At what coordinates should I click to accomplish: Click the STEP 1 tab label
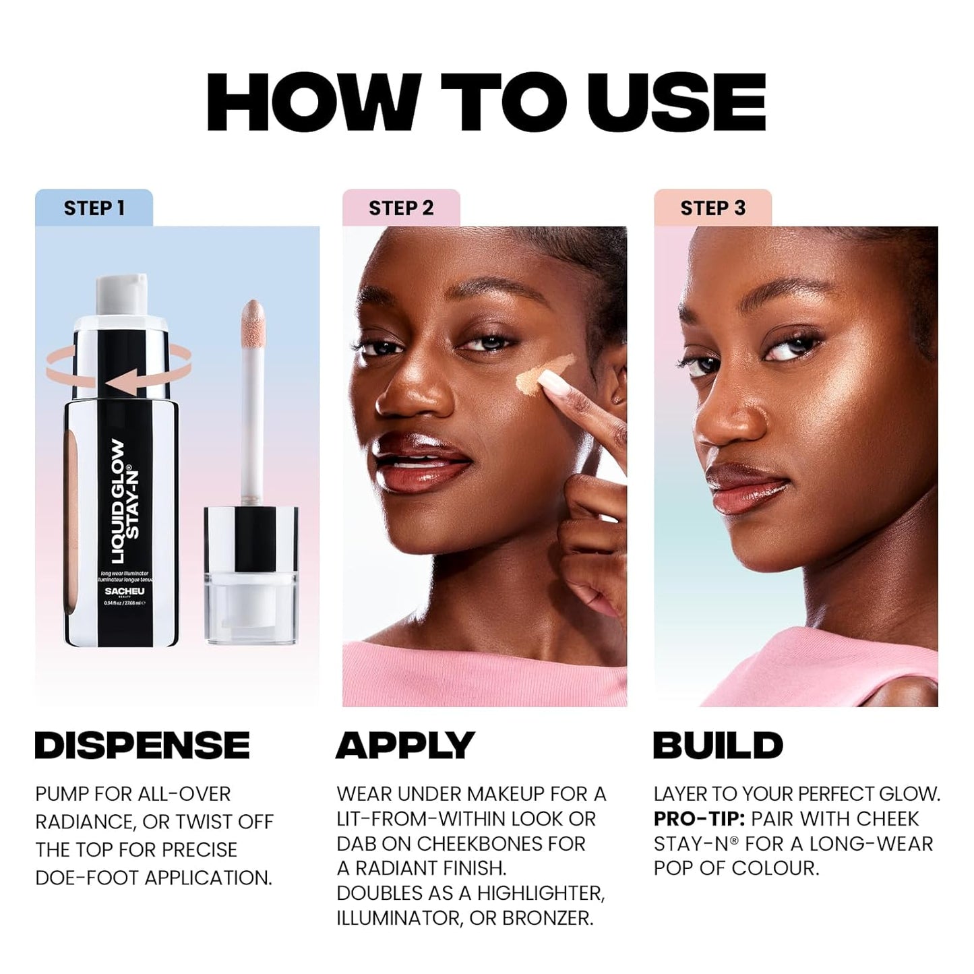pos(94,208)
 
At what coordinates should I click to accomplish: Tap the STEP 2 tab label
pos(401,208)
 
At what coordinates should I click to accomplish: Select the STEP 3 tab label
pos(712,208)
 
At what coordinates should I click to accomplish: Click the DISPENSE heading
pos(142,745)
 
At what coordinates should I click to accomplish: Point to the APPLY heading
pos(405,745)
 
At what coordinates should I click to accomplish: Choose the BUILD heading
pos(718,745)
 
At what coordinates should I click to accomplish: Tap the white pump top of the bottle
pos(121,294)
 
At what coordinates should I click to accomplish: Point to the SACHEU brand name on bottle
pos(125,591)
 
